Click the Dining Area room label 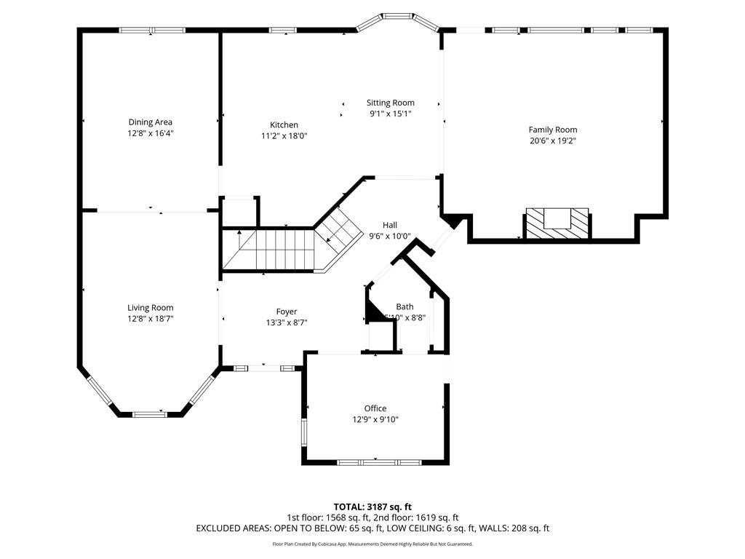151,122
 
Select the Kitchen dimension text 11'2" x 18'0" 284,136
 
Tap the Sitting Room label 390,103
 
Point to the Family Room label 553,130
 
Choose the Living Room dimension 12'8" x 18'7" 151,319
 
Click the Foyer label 286,312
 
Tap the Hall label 390,225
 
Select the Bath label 405,306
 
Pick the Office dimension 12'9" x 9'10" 375,419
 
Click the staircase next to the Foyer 269,250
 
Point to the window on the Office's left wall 304,431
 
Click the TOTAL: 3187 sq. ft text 372,507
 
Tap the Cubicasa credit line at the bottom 372,544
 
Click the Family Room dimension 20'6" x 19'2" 553,141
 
